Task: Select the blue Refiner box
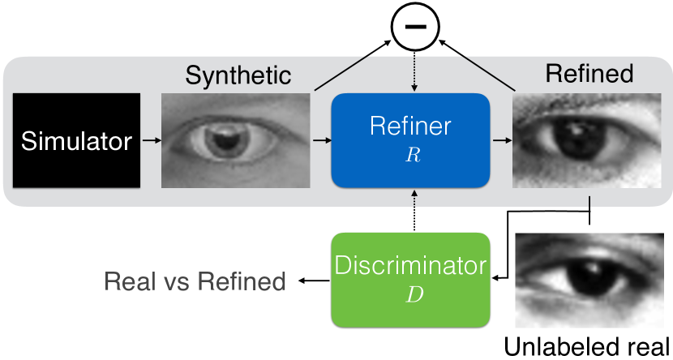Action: tap(410, 140)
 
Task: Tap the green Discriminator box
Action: tap(411, 281)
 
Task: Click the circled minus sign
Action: tap(414, 28)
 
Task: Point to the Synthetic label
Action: tap(238, 76)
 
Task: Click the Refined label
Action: tap(589, 75)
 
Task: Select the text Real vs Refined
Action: tap(195, 281)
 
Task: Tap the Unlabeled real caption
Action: tap(587, 347)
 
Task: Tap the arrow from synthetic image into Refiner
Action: tap(321, 141)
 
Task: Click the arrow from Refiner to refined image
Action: tap(502, 141)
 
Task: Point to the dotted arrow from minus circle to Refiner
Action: tap(414, 69)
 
